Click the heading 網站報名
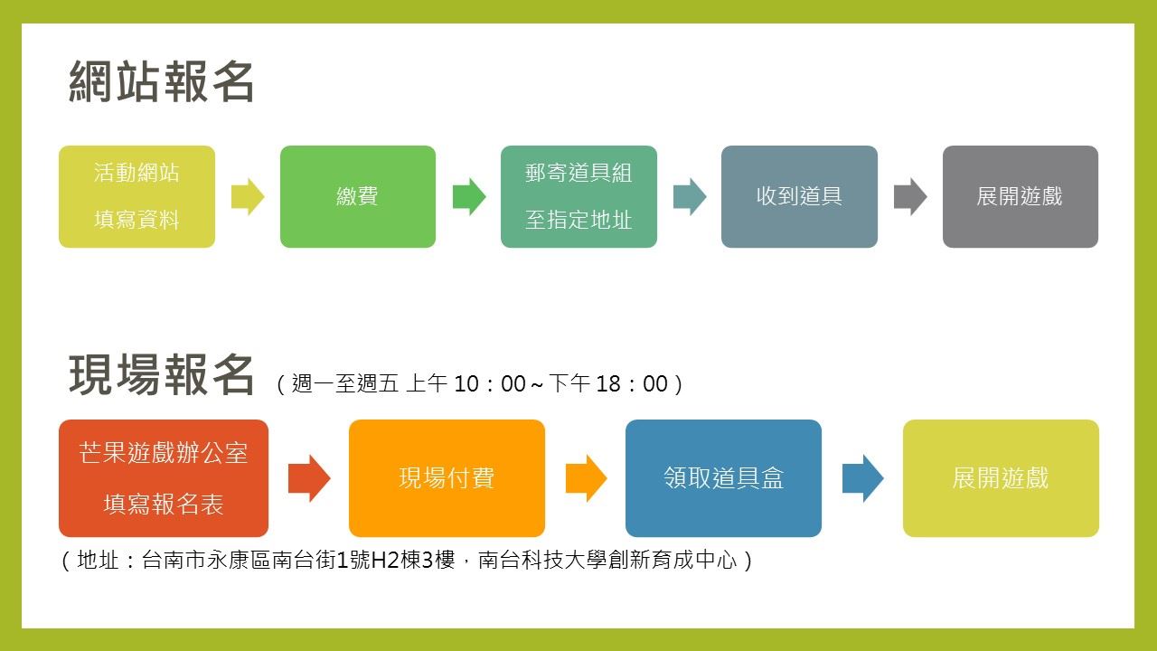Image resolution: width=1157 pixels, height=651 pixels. [x=162, y=82]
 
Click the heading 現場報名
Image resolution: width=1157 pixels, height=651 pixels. [x=162, y=375]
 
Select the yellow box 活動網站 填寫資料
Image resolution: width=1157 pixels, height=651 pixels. [x=136, y=196]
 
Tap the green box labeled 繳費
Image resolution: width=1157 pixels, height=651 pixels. [x=358, y=196]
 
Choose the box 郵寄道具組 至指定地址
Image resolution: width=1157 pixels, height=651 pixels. [x=578, y=196]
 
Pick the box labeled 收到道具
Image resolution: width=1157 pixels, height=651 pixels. [x=799, y=196]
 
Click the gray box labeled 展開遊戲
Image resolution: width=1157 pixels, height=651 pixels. [x=1020, y=196]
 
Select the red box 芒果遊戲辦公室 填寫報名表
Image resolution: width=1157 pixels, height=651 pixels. [x=164, y=478]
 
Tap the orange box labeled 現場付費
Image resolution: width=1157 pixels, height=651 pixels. [x=447, y=478]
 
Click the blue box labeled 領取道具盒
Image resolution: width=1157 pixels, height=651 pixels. [x=723, y=478]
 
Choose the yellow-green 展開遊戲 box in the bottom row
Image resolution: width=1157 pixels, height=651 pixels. [x=1001, y=478]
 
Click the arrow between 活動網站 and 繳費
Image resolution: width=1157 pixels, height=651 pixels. [x=248, y=197]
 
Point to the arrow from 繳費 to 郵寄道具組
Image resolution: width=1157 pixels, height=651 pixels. [x=469, y=197]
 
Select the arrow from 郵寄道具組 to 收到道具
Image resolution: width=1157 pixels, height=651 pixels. [x=690, y=197]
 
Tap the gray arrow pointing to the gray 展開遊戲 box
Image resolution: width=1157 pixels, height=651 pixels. [x=910, y=197]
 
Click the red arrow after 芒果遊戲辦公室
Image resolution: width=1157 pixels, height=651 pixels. [x=309, y=478]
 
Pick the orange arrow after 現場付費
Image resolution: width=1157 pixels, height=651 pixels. [x=586, y=478]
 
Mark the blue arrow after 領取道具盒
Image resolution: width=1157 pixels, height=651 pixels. [x=862, y=478]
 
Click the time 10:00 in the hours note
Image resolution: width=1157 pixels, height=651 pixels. [x=489, y=384]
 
